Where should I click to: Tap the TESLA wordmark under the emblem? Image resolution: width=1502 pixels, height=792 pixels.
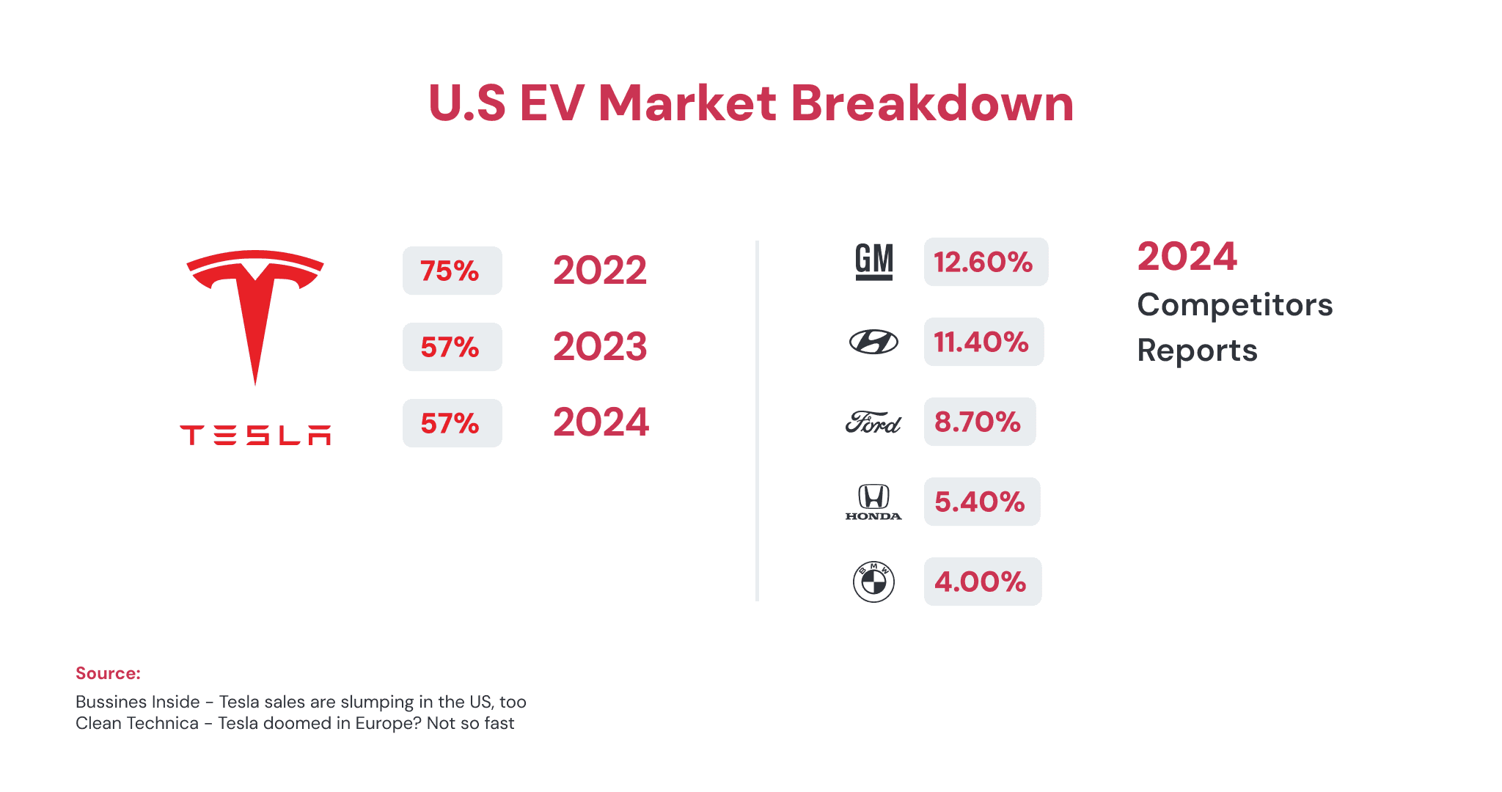click(x=255, y=435)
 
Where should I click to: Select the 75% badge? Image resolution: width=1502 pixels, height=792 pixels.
click(x=452, y=271)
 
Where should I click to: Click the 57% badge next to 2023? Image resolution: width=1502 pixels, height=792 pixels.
click(x=452, y=347)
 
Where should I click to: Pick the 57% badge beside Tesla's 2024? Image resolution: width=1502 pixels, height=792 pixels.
click(x=452, y=423)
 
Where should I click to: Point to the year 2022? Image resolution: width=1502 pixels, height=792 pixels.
click(x=600, y=271)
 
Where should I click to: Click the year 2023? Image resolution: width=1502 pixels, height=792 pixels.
click(x=600, y=347)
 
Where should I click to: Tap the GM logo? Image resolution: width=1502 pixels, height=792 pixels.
click(x=874, y=262)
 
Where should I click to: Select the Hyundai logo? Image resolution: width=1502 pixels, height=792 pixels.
click(x=873, y=342)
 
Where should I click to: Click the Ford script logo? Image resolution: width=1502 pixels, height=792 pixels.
click(x=873, y=422)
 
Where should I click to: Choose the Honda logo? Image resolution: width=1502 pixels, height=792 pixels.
click(x=873, y=502)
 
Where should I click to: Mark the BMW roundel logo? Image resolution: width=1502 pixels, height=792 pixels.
click(x=873, y=582)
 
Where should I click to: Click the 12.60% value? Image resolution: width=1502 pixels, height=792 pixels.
click(x=985, y=262)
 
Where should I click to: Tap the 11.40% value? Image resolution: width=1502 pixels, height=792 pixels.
click(x=983, y=342)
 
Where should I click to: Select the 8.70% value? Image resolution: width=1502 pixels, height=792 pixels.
click(x=979, y=422)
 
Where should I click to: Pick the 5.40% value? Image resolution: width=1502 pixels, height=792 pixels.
click(x=981, y=502)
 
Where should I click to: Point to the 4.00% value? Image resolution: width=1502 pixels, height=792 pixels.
click(x=982, y=582)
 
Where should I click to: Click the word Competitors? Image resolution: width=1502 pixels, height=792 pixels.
click(x=1235, y=305)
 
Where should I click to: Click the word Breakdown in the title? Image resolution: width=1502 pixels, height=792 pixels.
click(x=932, y=103)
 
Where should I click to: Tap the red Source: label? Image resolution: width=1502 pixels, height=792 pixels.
click(x=108, y=673)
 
